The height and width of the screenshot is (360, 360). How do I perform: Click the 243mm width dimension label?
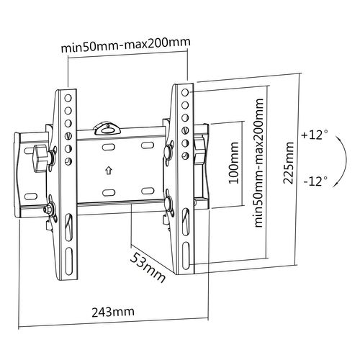tap(113, 312)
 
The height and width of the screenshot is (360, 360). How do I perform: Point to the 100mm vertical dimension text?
tap(233, 165)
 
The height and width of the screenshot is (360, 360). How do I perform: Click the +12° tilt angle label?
tap(315, 135)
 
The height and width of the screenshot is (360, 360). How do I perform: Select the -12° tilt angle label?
tap(315, 179)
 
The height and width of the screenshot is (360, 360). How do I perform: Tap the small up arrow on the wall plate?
tap(108, 171)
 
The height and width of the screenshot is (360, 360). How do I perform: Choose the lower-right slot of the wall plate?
tap(146, 191)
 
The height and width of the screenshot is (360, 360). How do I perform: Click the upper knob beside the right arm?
tap(168, 152)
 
